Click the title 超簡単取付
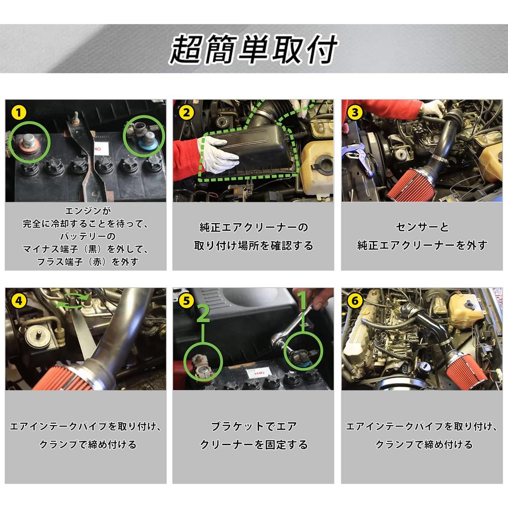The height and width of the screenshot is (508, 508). tap(254, 50)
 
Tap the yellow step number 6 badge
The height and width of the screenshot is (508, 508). tap(354, 301)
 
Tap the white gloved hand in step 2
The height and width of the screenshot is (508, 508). tap(217, 155)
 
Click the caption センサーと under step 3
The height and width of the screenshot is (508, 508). tap(422, 227)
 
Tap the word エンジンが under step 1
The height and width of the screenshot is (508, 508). tap(85, 210)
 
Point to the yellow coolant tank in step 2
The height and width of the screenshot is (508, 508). tap(317, 164)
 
